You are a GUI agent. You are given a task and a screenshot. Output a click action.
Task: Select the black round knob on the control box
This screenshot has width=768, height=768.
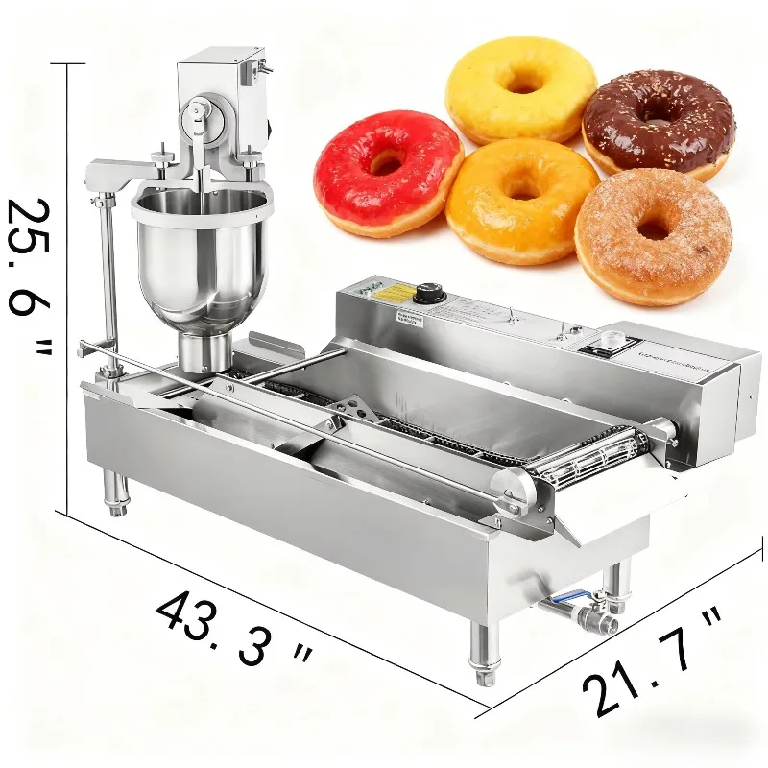point(429,292)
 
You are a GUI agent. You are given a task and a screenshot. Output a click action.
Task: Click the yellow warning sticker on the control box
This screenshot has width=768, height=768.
point(388,295)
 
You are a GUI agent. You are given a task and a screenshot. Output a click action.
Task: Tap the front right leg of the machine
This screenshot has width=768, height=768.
point(483,653)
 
